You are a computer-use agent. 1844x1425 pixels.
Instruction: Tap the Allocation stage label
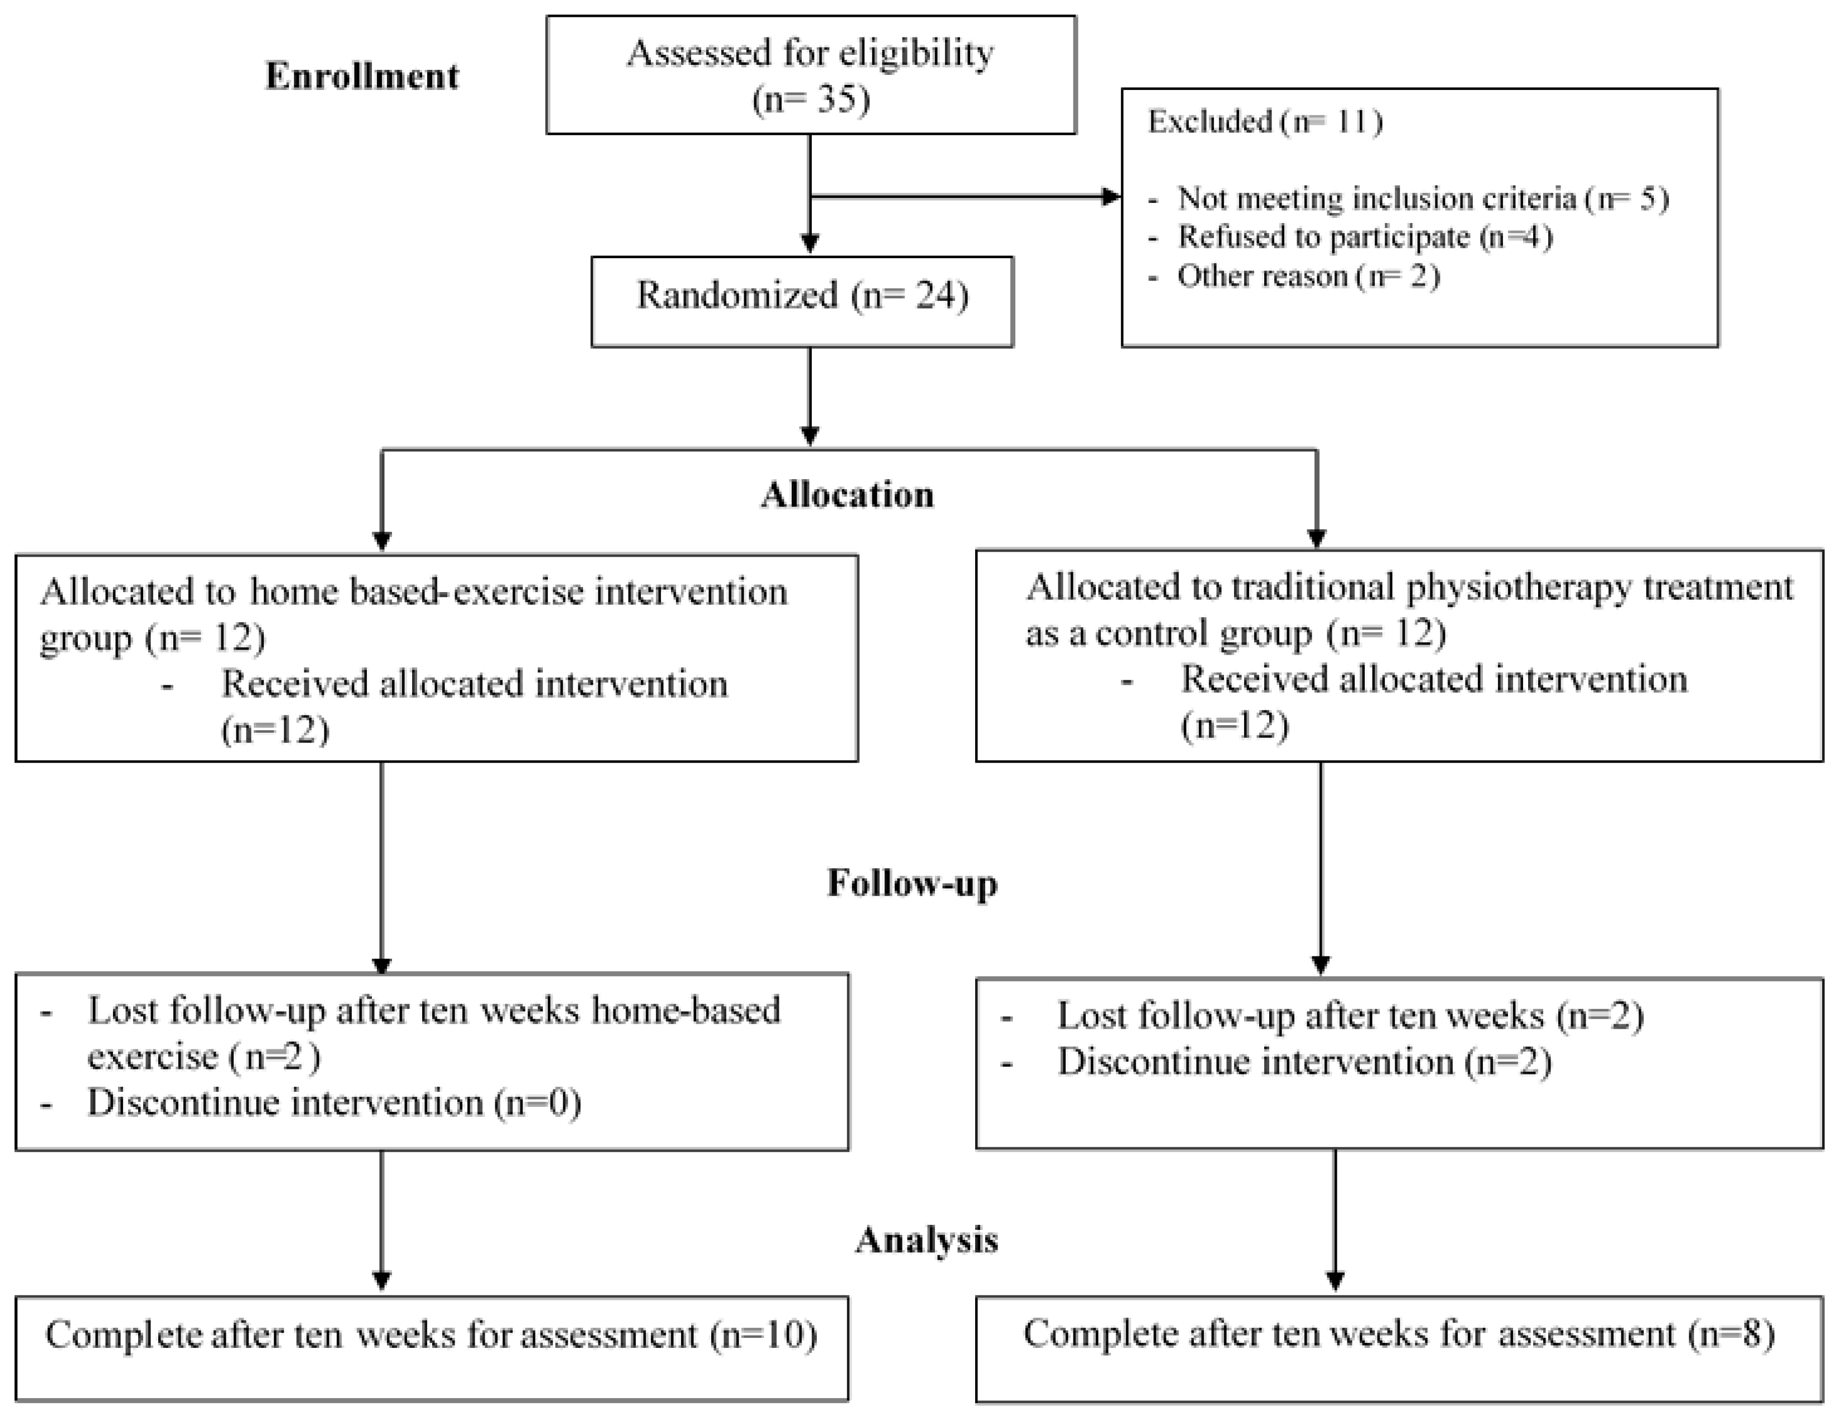848,495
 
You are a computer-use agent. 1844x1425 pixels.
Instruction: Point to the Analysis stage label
926,1239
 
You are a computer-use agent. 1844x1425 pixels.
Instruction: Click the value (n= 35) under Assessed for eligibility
811,100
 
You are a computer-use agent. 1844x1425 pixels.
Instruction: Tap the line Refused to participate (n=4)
1364,237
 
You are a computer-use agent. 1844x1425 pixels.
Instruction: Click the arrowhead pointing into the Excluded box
1111,197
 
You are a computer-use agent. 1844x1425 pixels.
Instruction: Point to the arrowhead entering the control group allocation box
1316,538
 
